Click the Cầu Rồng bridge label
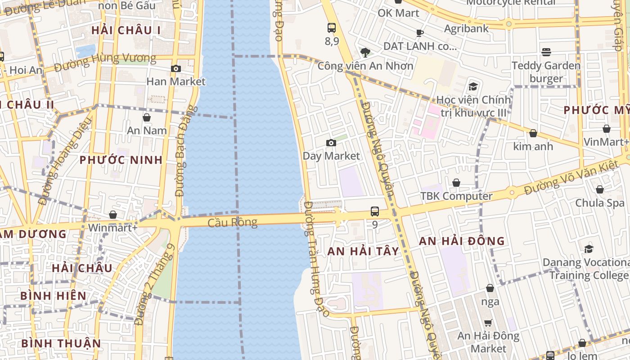tap(233, 222)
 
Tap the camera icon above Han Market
tap(176, 69)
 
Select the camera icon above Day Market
tap(331, 143)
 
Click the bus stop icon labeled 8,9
tap(332, 28)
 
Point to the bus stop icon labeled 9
tap(375, 211)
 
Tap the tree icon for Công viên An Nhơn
tap(365, 53)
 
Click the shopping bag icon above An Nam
tap(147, 118)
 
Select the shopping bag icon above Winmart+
tap(113, 215)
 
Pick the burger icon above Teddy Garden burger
tap(546, 52)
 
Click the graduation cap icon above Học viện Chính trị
tap(473, 86)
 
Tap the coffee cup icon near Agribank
tap(420, 33)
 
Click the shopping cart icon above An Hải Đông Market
tap(488, 323)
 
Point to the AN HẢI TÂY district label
tap(363, 251)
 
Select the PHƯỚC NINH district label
tap(121, 160)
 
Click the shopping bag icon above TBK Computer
tap(456, 183)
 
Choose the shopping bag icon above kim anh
tap(533, 134)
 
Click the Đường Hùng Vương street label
tap(105, 62)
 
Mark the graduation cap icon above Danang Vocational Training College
tap(589, 249)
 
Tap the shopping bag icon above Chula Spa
tap(600, 189)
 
